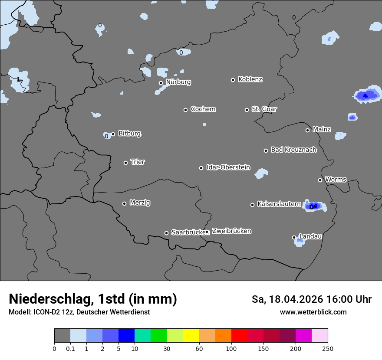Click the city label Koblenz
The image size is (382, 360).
coord(250,79)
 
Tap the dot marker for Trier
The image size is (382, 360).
coord(126,163)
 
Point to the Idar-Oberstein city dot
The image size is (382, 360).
coord(201,168)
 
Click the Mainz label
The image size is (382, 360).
coord(322,129)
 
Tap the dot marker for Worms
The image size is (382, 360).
coord(320,180)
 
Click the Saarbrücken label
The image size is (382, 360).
coord(188,232)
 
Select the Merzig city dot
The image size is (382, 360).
coord(125,203)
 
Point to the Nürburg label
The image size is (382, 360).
coord(178,82)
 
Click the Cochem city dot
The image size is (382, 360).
coord(185,110)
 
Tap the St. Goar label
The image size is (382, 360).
coord(264,109)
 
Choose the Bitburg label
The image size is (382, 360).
coord(129,134)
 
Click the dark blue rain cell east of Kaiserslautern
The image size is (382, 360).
coord(313,206)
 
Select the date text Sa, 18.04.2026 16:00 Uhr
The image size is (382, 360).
coord(311,299)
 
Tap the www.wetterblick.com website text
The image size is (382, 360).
coord(313,312)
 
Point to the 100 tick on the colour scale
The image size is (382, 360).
coord(231,348)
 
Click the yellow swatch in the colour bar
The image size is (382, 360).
coord(191,336)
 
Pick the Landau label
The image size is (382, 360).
coord(310,236)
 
